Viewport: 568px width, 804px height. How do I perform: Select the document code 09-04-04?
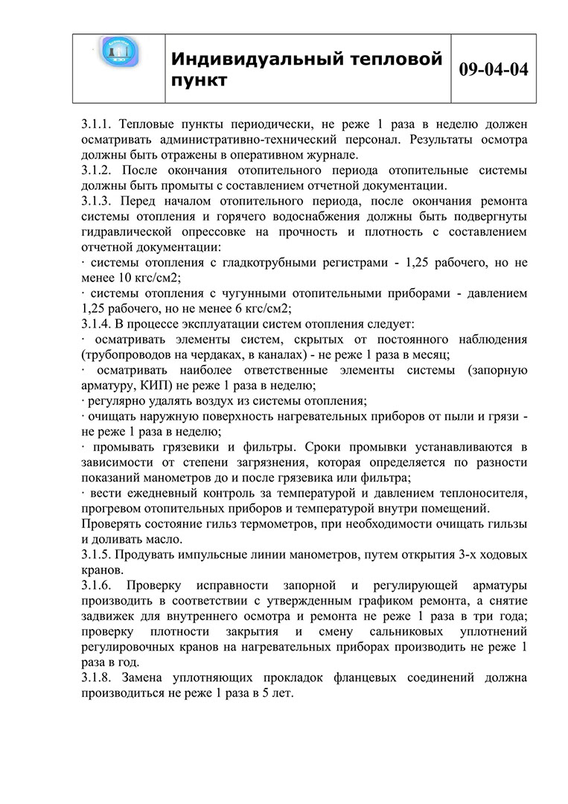tap(494, 69)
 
